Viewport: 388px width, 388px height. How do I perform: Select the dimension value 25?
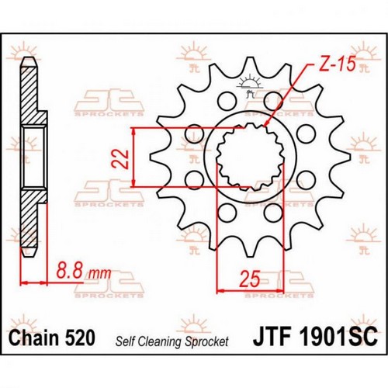pyautogui.click(x=249, y=279)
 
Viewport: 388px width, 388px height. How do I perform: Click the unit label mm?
pyautogui.click(x=99, y=273)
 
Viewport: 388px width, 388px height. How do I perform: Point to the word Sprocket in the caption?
pyautogui.click(x=207, y=341)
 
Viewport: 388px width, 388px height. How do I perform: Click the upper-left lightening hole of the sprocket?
pyautogui.click(x=227, y=101)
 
